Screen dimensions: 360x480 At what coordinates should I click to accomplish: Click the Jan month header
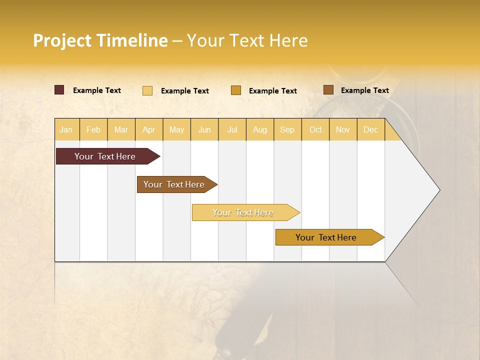[x=66, y=129]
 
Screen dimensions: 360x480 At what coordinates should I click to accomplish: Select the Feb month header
[x=93, y=129]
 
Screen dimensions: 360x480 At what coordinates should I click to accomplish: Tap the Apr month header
[x=149, y=129]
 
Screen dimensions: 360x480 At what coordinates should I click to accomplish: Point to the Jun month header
[x=204, y=129]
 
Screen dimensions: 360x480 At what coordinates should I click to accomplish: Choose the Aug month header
[x=260, y=129]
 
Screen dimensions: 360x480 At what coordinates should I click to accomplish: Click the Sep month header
[x=287, y=129]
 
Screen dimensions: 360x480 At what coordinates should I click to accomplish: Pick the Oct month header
[x=315, y=129]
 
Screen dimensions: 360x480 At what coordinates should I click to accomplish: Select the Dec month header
[x=371, y=129]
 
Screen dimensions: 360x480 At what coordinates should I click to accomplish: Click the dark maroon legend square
[x=59, y=90]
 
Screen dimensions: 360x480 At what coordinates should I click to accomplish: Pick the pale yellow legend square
[x=147, y=90]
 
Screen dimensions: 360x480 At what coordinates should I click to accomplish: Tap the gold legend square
[x=236, y=90]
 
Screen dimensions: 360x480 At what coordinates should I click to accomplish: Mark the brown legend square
[x=328, y=90]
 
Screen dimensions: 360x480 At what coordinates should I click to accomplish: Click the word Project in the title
[x=62, y=40]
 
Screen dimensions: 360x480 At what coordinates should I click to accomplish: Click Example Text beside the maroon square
[x=97, y=90]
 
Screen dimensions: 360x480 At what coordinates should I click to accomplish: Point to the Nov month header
[x=343, y=129]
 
